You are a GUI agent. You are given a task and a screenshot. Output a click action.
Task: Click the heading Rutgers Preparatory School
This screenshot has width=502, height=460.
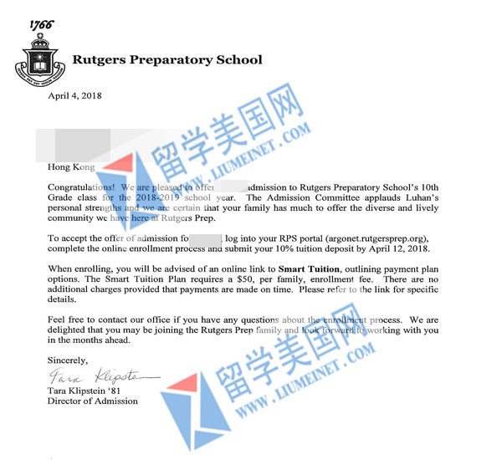pos(167,60)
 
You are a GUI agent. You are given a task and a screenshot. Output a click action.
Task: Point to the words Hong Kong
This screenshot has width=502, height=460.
pos(71,167)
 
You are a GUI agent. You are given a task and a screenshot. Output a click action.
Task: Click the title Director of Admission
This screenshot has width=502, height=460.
pos(93,401)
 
